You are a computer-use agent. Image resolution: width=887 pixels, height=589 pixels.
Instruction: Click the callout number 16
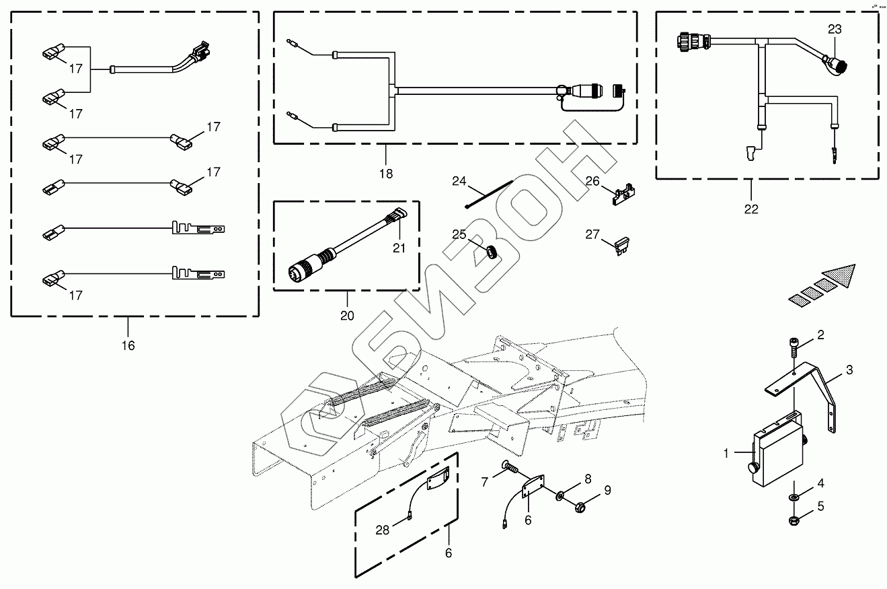128,345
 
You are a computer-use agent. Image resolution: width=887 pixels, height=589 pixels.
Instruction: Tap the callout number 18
385,173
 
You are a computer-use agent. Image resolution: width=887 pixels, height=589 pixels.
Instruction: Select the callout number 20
348,316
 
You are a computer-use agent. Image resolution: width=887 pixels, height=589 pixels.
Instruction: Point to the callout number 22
751,209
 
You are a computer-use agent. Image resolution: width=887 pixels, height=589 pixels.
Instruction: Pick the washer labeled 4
794,497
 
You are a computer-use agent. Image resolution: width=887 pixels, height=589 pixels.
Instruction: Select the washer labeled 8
560,497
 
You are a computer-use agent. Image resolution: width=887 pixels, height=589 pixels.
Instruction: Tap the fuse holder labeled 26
624,194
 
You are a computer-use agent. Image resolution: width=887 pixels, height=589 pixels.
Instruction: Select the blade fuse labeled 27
622,246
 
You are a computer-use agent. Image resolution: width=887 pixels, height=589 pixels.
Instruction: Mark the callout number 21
400,248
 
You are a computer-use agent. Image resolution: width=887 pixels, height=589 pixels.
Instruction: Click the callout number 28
382,530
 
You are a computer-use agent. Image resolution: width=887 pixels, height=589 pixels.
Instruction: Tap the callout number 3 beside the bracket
849,370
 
